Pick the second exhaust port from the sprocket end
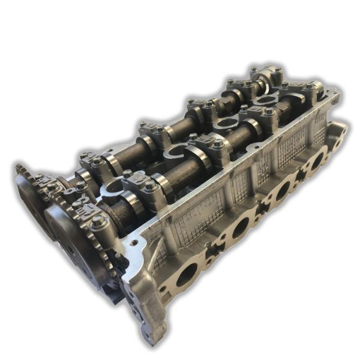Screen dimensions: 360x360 click(239, 226)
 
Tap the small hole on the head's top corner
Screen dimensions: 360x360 click(133, 244)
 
